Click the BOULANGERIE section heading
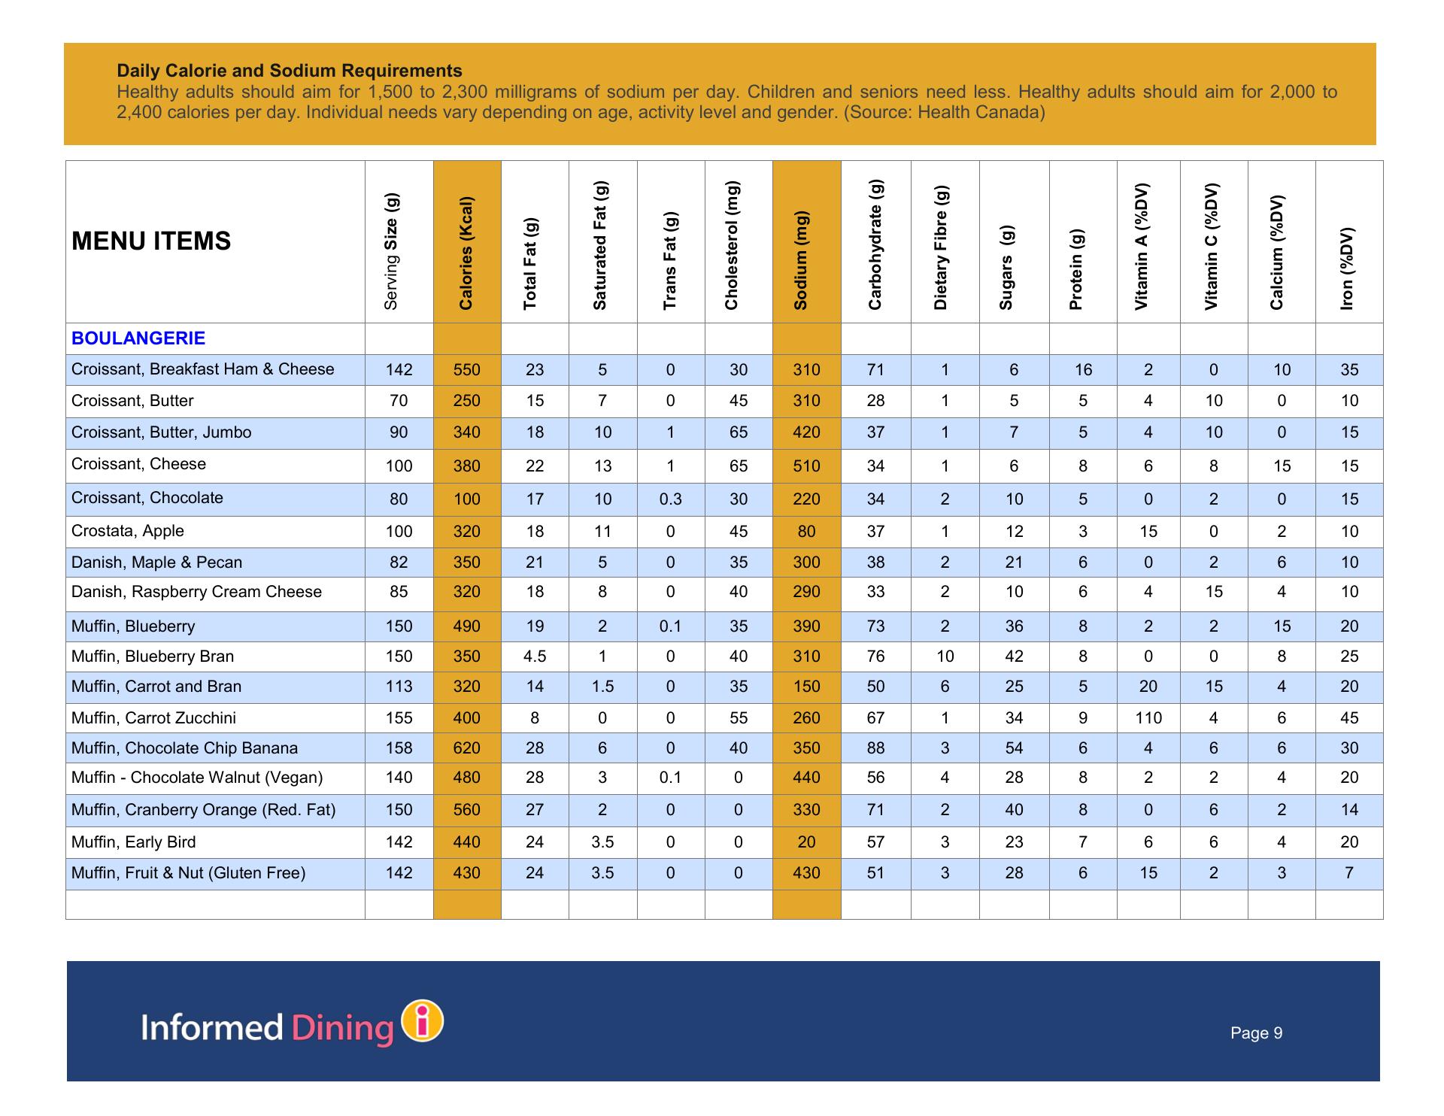[x=138, y=338]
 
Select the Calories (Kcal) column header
[x=466, y=253]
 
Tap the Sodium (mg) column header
[x=800, y=260]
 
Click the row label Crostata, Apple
[x=128, y=531]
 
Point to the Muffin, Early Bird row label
[x=134, y=842]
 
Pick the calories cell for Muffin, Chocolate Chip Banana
[x=466, y=748]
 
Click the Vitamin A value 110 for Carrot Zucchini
[x=1148, y=718]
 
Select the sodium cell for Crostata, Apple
[x=806, y=532]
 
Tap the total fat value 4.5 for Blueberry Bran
[x=534, y=657]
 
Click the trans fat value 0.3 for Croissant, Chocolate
[x=670, y=499]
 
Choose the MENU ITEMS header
[x=151, y=241]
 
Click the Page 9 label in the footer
[x=1256, y=1033]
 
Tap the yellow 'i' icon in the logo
[x=423, y=1021]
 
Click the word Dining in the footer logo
[x=343, y=1028]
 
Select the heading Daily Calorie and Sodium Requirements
[x=290, y=71]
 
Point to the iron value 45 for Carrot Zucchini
[x=1349, y=718]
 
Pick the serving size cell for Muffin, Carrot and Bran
[x=399, y=687]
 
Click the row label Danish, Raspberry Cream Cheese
[x=196, y=592]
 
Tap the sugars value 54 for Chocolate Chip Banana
[x=1014, y=748]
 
